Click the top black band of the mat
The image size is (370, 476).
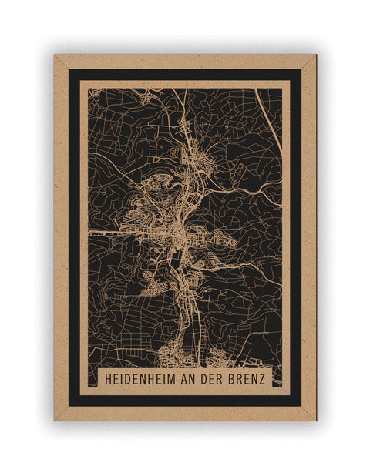point(185,75)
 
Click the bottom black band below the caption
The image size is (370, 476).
point(185,401)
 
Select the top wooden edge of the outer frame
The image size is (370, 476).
point(185,61)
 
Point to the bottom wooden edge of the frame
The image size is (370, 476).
point(185,414)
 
